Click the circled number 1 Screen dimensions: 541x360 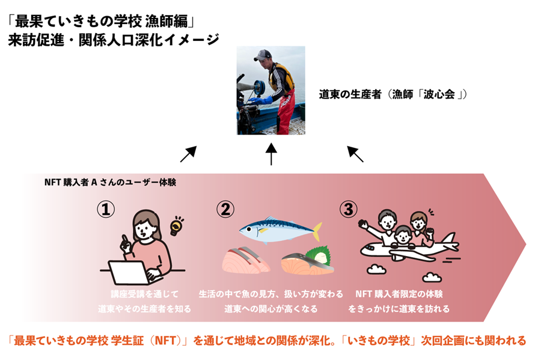(106, 209)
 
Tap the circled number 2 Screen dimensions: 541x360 (225, 209)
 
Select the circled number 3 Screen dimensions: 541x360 (349, 209)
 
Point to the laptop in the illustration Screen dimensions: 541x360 (131, 272)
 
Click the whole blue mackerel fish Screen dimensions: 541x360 (280, 229)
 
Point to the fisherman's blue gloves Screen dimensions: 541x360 (261, 100)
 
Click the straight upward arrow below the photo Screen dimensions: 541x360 (271, 154)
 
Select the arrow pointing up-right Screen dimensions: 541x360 (188, 154)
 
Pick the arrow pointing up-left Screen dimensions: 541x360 (355, 154)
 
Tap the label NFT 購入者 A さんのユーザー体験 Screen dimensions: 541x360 (110, 182)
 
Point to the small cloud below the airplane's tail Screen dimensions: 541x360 (432, 277)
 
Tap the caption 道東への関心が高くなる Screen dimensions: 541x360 (271, 309)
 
